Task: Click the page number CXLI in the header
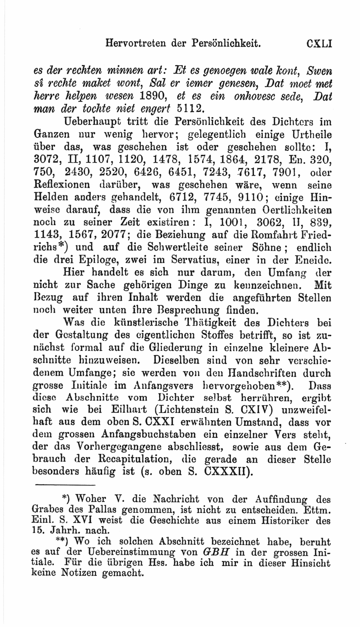pos(319,44)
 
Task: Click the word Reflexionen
pos(62,185)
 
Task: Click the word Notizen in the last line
pos(79,573)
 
